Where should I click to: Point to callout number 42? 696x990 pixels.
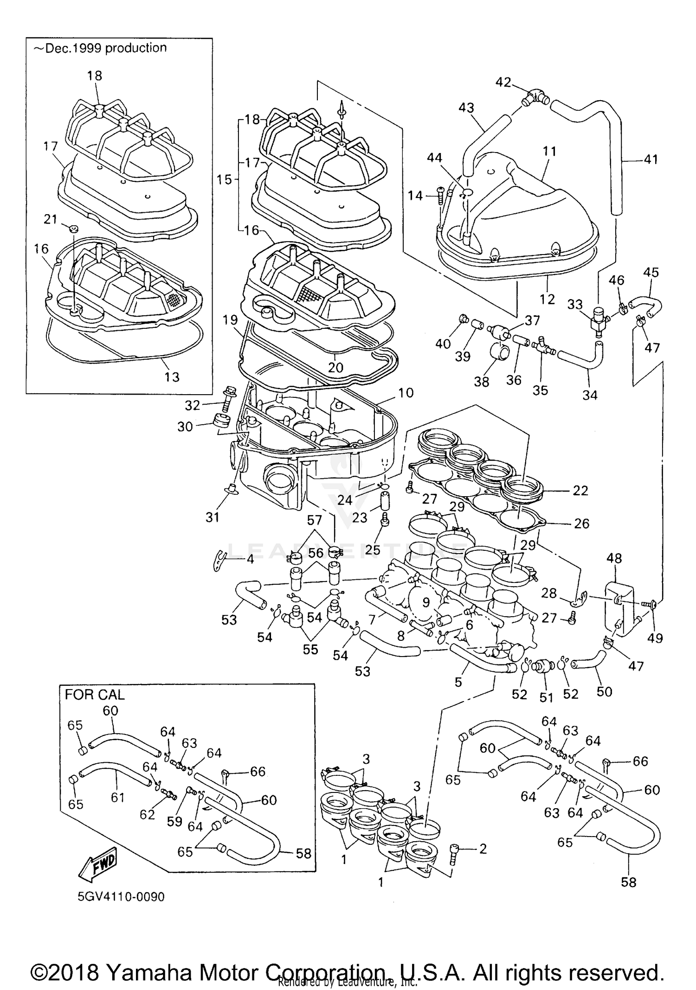(503, 83)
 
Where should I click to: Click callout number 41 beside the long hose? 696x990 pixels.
(651, 160)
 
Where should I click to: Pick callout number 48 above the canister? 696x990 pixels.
(614, 558)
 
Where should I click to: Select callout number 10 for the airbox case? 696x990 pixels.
(406, 393)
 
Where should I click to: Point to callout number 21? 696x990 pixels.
(50, 219)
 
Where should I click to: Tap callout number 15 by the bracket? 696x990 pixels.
(224, 179)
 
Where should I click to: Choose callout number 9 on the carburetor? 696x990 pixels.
(426, 602)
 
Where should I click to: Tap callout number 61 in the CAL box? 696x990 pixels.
(117, 797)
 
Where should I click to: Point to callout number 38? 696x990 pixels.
(482, 381)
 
